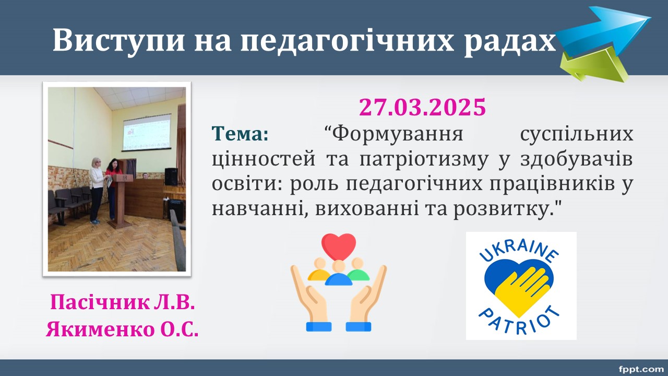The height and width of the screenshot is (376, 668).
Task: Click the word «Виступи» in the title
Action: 118,40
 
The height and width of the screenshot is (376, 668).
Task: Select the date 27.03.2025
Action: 423,107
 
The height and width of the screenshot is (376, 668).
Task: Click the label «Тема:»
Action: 241,133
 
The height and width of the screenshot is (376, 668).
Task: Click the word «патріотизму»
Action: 424,160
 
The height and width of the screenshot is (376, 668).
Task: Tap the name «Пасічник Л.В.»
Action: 122,302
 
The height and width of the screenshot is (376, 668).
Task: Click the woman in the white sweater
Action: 97,190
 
